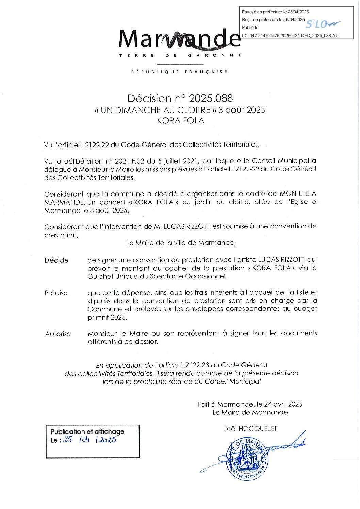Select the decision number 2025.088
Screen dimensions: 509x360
click(211, 98)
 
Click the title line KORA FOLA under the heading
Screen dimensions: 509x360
click(180, 121)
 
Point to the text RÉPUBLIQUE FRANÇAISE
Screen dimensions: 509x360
click(179, 72)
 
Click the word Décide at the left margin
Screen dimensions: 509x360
click(56, 260)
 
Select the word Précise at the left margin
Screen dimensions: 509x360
click(56, 293)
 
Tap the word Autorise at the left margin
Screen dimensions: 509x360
click(58, 334)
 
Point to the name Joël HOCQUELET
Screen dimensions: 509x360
click(250, 429)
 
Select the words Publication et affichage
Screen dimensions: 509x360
click(87, 431)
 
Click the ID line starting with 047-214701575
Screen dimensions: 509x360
click(290, 35)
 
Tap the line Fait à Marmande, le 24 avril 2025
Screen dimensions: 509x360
click(250, 404)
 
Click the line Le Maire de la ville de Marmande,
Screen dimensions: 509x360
click(181, 243)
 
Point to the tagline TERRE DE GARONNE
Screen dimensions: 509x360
click(180, 55)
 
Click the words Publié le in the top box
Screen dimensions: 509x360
click(250, 28)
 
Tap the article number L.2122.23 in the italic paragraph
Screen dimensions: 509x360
click(193, 365)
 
